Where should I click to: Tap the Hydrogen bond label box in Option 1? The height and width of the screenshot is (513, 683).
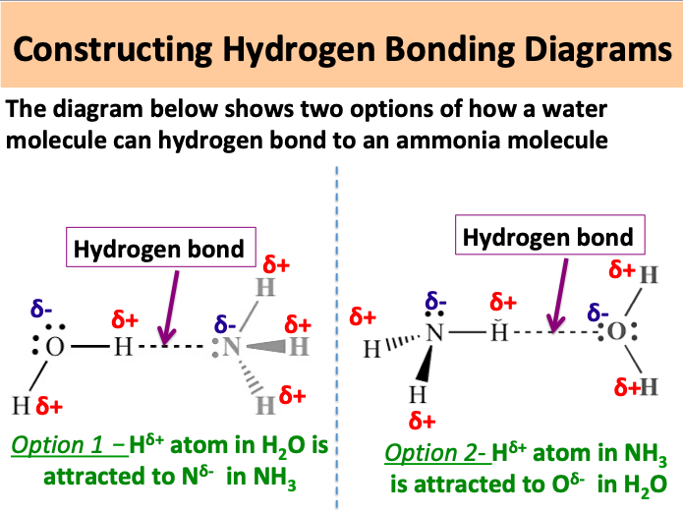coord(160,249)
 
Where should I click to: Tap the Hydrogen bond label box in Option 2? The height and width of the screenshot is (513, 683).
coord(547,238)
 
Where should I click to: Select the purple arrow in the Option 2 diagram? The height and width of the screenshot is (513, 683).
coord(555,295)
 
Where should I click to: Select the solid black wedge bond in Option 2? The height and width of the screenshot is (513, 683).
coord(421,364)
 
